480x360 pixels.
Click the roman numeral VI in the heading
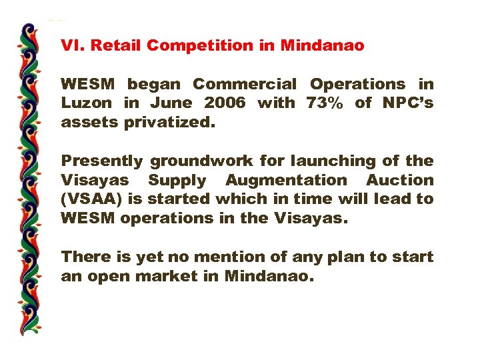click(71, 46)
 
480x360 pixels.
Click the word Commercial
click(245, 85)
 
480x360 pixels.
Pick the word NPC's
click(407, 103)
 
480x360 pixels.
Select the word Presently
click(102, 161)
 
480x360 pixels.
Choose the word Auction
click(400, 180)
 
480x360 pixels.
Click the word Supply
click(178, 180)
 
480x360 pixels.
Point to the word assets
click(85, 123)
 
